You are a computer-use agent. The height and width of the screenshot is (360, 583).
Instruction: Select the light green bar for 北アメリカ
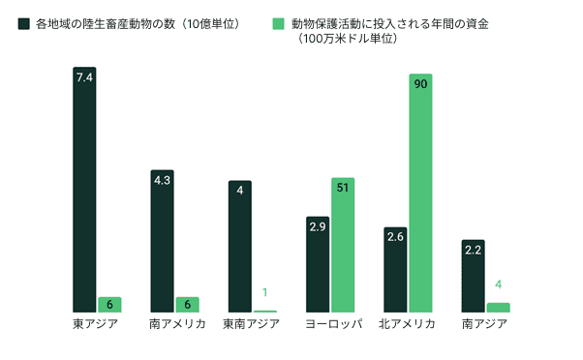(x=420, y=194)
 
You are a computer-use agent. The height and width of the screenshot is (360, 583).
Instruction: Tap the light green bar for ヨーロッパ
(x=343, y=247)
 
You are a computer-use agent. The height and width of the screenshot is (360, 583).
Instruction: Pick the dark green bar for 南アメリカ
(x=162, y=242)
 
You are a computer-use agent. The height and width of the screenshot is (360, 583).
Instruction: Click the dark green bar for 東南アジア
(x=239, y=247)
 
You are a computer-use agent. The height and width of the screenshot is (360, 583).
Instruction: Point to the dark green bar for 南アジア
(x=473, y=276)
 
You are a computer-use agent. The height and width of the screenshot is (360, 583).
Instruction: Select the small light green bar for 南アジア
(x=498, y=307)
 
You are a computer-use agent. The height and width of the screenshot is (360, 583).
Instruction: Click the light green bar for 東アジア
(x=109, y=304)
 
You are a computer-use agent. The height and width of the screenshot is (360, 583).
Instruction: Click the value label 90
(x=420, y=83)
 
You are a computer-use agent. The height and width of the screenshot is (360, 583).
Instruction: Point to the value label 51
(x=343, y=188)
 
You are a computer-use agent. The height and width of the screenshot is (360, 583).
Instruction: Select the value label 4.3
(x=162, y=180)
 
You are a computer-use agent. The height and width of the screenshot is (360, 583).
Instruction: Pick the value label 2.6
(x=395, y=235)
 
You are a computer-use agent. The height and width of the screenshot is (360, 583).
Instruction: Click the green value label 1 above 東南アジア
(x=265, y=292)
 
